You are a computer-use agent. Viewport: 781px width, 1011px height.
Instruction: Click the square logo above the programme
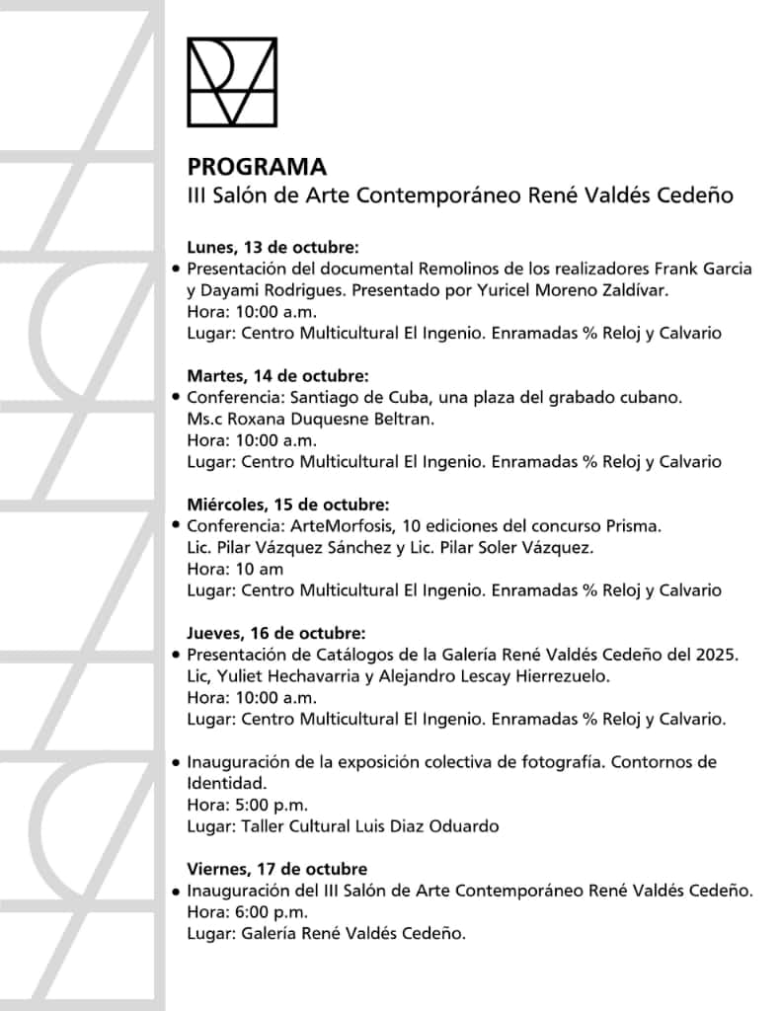tap(232, 82)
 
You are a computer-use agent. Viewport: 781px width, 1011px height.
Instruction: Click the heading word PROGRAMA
tap(257, 166)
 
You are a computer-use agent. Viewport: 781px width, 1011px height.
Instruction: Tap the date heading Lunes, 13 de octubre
tap(272, 247)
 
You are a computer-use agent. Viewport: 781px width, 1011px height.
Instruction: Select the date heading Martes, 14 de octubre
tap(277, 376)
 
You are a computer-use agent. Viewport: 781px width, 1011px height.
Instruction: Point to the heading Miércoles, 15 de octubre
tap(287, 505)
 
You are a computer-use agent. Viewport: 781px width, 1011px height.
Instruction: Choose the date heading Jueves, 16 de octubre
tap(275, 633)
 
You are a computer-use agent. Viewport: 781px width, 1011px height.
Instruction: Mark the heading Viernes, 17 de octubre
tap(276, 869)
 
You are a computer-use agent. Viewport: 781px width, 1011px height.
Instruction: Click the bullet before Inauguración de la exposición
tap(176, 762)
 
